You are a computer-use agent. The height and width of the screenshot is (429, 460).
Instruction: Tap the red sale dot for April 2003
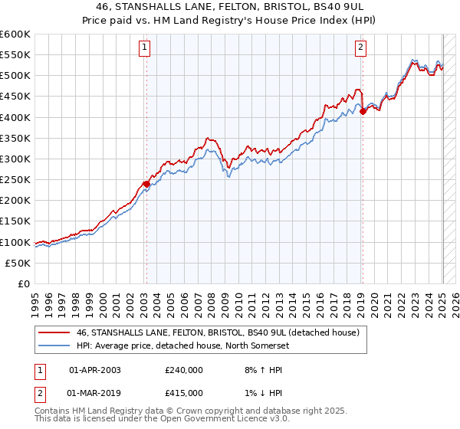pyautogui.click(x=146, y=184)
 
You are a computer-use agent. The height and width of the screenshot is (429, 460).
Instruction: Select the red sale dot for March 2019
pyautogui.click(x=363, y=111)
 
